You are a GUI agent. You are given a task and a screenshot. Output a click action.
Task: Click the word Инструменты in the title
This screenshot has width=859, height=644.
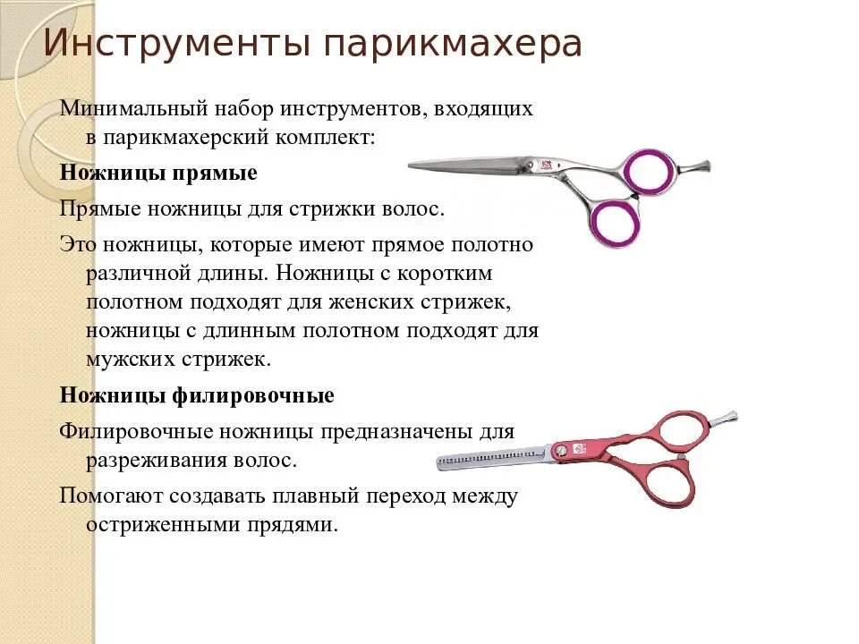click(x=170, y=45)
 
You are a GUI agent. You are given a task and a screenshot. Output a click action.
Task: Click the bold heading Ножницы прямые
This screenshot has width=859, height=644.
click(x=158, y=173)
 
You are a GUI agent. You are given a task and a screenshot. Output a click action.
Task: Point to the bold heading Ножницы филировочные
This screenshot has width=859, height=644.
click(x=197, y=394)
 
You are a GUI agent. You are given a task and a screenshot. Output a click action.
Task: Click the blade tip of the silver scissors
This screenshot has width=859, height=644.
click(x=413, y=165)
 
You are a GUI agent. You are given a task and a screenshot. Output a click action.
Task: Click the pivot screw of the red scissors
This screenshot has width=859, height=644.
click(x=561, y=452)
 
